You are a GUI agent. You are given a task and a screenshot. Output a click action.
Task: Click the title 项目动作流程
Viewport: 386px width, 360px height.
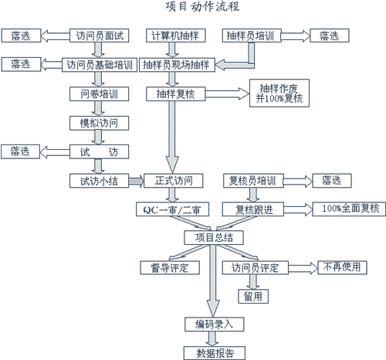202,7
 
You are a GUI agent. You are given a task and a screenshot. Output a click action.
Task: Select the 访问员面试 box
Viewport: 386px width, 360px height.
100,36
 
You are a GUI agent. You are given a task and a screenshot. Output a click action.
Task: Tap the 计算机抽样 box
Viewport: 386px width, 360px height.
176,36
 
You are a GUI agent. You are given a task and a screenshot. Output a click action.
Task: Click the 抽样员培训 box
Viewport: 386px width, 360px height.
252,36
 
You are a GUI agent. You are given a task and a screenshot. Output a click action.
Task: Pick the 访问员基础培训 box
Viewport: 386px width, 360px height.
100,65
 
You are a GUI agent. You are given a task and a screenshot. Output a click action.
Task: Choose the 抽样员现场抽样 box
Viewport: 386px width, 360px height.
177,65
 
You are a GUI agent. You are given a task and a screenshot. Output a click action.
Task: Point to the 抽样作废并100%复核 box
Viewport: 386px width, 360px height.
279,93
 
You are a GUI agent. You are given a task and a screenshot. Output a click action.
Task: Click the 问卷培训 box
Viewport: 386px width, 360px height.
100,94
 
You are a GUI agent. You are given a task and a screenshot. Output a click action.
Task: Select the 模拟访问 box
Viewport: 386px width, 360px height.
100,123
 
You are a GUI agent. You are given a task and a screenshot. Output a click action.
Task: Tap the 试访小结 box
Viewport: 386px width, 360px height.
100,181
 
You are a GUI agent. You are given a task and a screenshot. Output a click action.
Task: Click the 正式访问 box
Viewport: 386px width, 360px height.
174,181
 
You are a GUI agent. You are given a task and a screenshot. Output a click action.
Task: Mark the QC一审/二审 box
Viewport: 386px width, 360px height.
172,209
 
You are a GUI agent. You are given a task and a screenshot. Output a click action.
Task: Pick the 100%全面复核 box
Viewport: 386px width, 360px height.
349,209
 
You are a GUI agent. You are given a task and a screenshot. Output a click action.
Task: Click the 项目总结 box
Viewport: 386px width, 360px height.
214,238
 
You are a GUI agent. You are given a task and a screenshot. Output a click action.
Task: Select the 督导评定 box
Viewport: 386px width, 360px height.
170,268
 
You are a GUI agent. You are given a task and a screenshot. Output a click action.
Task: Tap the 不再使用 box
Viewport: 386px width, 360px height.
342,267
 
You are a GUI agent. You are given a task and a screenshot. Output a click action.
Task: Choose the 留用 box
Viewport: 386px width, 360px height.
253,297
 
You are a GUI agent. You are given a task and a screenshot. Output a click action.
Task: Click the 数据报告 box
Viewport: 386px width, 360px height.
215,353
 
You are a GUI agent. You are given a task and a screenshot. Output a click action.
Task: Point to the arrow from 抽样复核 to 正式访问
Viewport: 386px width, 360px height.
172,137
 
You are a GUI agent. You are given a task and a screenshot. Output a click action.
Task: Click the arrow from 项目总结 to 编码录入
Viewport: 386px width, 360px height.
213,280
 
